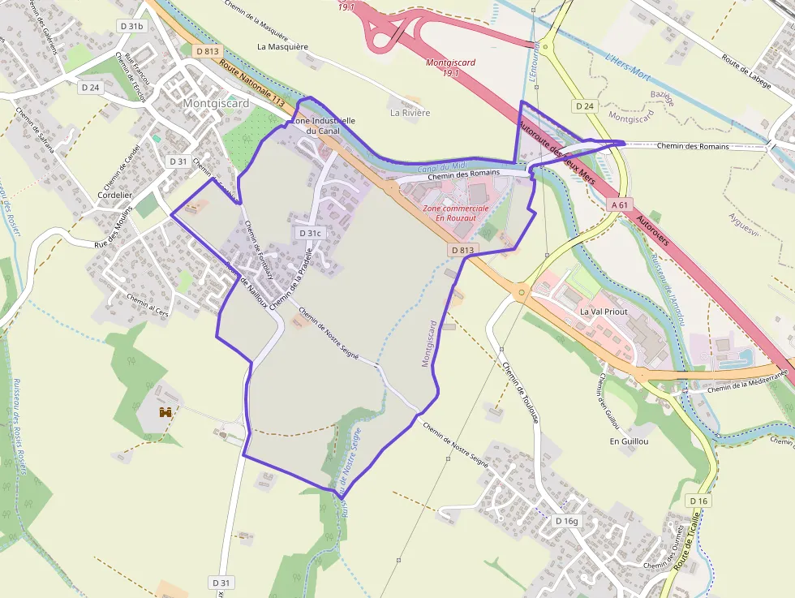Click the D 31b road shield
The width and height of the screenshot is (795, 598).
click(131, 26)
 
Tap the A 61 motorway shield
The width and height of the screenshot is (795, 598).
click(620, 205)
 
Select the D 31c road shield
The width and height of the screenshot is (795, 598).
click(310, 233)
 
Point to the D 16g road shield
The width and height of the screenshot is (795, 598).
click(567, 520)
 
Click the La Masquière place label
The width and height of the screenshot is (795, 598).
click(282, 46)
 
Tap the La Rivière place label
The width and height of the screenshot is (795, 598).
click(410, 113)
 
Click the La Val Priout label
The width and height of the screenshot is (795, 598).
click(604, 312)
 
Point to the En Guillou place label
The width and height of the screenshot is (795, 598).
click(629, 441)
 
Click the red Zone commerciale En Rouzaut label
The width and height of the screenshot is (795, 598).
click(456, 213)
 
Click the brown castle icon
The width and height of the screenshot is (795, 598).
click(166, 412)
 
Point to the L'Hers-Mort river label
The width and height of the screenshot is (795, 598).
click(629, 62)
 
